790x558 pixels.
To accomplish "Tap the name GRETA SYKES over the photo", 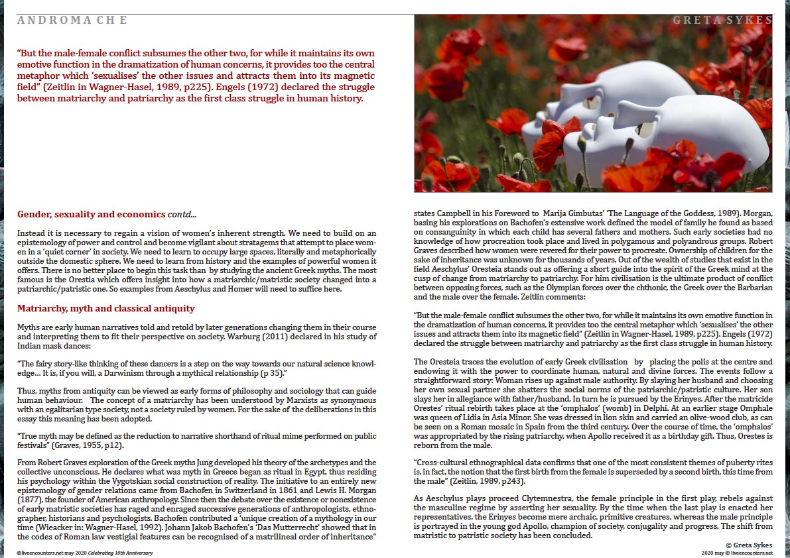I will click(x=722, y=21).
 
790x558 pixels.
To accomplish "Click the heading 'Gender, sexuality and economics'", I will click(x=92, y=215).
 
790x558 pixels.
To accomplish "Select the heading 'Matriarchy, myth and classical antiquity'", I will click(x=105, y=309).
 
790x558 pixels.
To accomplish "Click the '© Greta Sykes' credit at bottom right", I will click(x=750, y=544).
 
